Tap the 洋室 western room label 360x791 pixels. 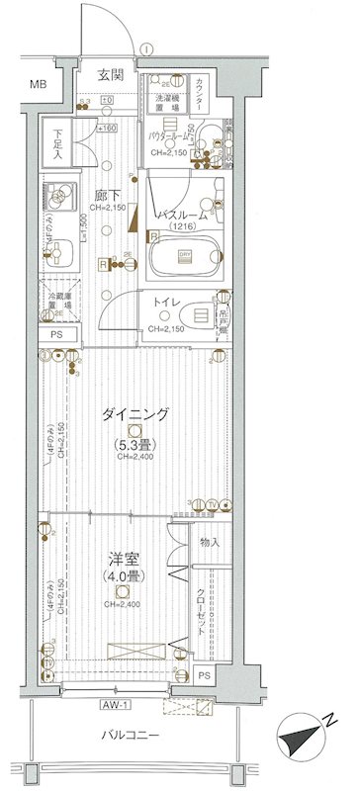point(120,557)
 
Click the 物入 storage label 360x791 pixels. point(210,543)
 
